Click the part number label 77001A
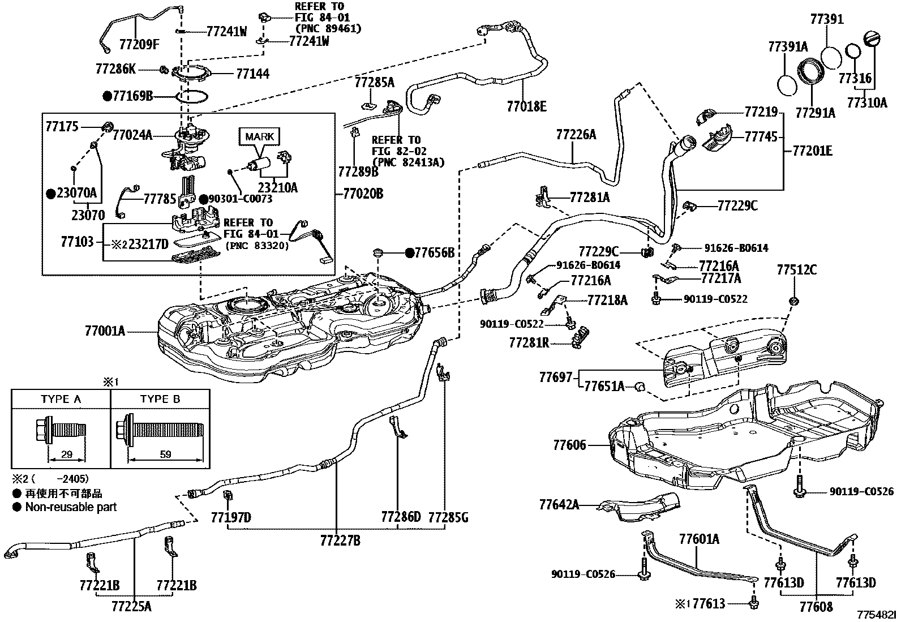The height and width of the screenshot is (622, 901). pyautogui.click(x=105, y=331)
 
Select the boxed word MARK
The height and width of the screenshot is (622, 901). pyautogui.click(x=259, y=137)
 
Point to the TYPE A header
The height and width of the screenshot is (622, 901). pyautogui.click(x=61, y=399)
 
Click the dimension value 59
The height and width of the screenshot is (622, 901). pyautogui.click(x=166, y=454)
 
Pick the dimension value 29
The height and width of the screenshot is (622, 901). pyautogui.click(x=67, y=454)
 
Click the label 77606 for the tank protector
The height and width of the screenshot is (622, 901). pyautogui.click(x=569, y=445)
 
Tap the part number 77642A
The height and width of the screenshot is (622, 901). pyautogui.click(x=560, y=504)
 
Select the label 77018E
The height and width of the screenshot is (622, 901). pyautogui.click(x=527, y=106)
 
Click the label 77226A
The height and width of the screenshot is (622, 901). pyautogui.click(x=576, y=134)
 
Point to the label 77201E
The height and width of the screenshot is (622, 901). pyautogui.click(x=813, y=151)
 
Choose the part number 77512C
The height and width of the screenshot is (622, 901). pyautogui.click(x=797, y=269)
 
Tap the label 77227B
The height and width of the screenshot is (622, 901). pyautogui.click(x=340, y=541)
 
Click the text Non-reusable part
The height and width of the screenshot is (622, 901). pyautogui.click(x=71, y=507)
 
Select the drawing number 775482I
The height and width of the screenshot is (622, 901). pyautogui.click(x=877, y=615)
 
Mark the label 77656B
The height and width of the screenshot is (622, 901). pyautogui.click(x=435, y=252)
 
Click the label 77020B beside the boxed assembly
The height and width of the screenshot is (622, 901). pyautogui.click(x=363, y=194)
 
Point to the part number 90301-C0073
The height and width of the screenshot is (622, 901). pyautogui.click(x=241, y=199)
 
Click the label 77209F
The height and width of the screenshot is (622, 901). pyautogui.click(x=139, y=44)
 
